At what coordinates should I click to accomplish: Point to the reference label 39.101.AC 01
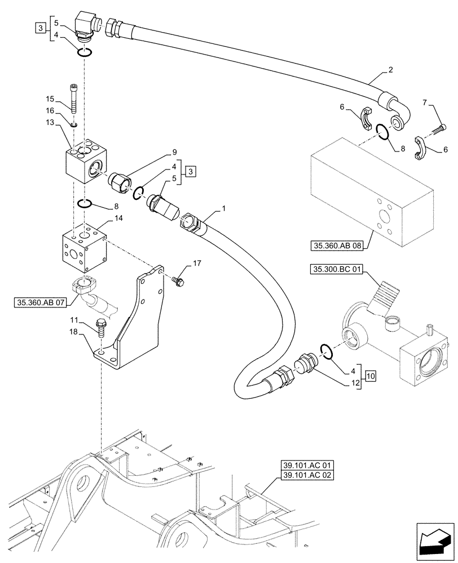point(307,466)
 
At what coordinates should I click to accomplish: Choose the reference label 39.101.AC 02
point(307,476)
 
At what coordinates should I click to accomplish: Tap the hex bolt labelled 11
point(102,327)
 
